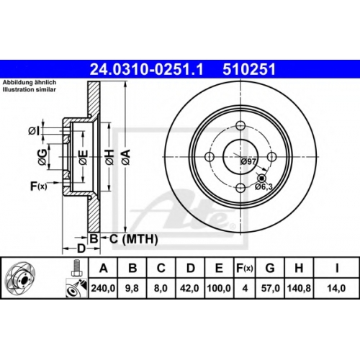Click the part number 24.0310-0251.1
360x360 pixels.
coord(146,69)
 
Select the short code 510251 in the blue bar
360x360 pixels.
coord(249,69)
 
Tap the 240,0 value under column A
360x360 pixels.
coord(103,288)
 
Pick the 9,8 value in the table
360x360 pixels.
coord(132,288)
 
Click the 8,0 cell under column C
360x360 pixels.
coord(161,288)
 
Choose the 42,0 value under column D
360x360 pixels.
coord(189,288)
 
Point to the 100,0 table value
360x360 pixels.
coord(219,288)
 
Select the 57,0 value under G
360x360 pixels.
coord(271,288)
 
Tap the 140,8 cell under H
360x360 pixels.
coord(299,288)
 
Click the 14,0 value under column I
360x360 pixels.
coord(336,288)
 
